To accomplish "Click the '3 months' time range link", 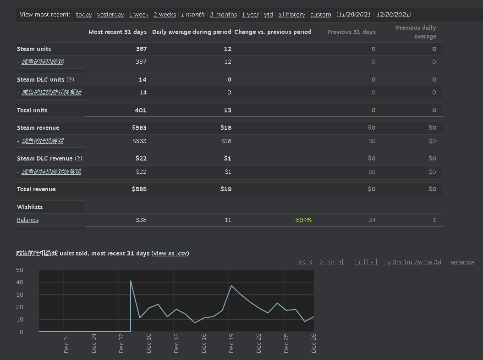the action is click(223, 15).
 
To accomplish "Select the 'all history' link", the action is click(291, 15).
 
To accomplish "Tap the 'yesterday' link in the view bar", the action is click(110, 15).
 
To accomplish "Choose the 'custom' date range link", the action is click(321, 15).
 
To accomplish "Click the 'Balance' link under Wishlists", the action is click(27, 220).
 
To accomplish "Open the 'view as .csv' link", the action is click(170, 253).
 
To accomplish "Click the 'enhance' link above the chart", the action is click(462, 262).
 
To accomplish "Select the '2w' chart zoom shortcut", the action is click(418, 262).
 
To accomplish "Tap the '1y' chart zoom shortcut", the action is click(388, 262).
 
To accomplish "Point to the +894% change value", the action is click(302, 220).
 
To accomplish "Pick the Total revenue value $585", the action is click(139, 189).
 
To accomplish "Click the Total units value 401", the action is click(141, 110).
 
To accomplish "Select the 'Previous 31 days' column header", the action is click(351, 32).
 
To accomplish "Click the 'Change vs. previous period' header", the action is click(273, 32).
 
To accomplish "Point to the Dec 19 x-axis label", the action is click(231, 343).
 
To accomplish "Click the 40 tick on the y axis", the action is click(20, 282).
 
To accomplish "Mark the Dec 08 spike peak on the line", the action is click(131, 281).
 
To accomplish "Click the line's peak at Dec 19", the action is click(231, 286).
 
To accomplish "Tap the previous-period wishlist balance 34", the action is click(372, 220).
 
